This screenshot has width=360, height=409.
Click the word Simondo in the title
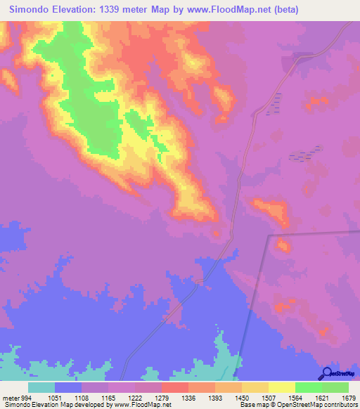pyautogui.click(x=32, y=10)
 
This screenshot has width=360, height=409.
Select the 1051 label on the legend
pyautogui.click(x=55, y=397)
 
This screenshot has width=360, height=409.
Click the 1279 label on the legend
pyautogui.click(x=162, y=397)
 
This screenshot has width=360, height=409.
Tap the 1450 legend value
pyautogui.click(x=242, y=397)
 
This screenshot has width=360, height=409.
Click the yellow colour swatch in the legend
pyautogui.click(x=282, y=387)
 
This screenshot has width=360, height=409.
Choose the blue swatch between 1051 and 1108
pyautogui.click(x=68, y=387)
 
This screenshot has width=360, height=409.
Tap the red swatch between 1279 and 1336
pyautogui.click(x=175, y=387)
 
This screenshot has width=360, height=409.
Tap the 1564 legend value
pyautogui.click(x=295, y=397)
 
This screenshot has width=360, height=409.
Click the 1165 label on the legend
pyautogui.click(x=108, y=397)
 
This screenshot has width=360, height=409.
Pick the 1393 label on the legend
pyautogui.click(x=215, y=397)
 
